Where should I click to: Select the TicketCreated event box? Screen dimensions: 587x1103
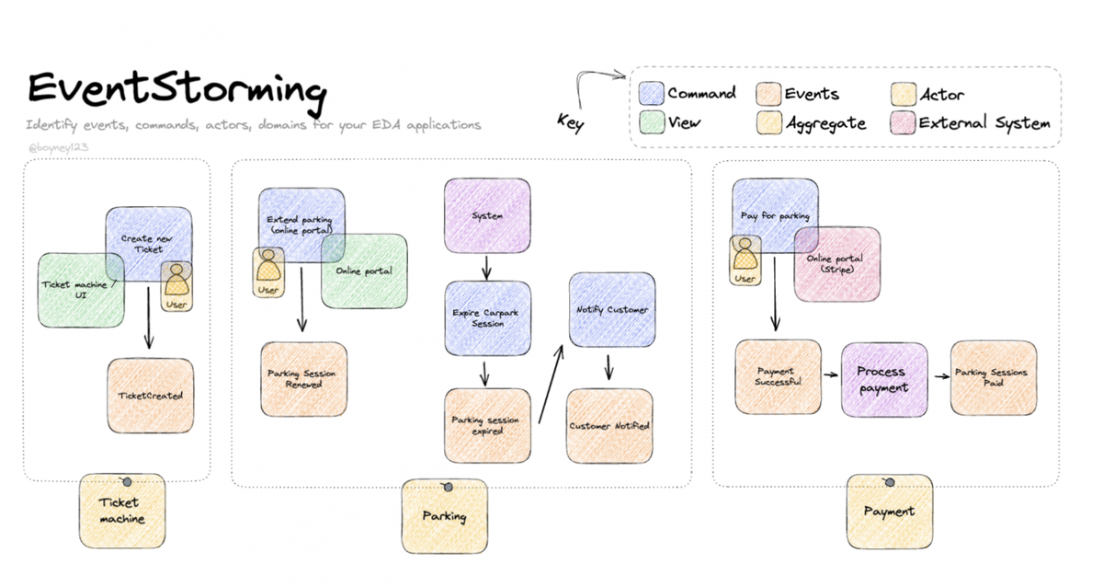151,396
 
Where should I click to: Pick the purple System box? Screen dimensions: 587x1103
487,216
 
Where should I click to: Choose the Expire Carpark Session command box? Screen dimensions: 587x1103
487,318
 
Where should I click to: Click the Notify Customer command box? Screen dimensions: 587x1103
611,310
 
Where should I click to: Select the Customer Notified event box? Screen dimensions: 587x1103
609,425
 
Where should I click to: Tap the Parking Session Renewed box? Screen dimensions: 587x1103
304,379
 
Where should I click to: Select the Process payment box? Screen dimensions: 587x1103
881,378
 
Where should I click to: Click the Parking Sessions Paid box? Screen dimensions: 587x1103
990,377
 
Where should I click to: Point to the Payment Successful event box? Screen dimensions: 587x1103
778,377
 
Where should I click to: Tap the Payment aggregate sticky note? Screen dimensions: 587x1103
889,512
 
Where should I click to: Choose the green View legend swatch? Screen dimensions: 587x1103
652,123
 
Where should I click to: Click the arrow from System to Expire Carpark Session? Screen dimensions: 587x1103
487,267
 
